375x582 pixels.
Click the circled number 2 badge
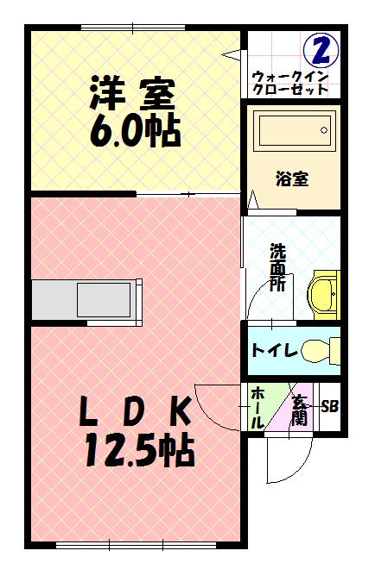click(321, 51)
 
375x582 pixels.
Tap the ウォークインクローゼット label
click(290, 83)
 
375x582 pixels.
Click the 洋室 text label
click(132, 91)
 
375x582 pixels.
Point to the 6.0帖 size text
click(134, 131)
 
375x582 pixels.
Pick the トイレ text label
click(275, 351)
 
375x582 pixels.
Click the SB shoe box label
click(329, 406)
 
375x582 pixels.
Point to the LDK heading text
click(136, 413)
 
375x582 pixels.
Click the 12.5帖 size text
click(138, 451)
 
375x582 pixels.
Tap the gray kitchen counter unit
click(86, 299)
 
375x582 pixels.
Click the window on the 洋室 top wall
click(134, 28)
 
